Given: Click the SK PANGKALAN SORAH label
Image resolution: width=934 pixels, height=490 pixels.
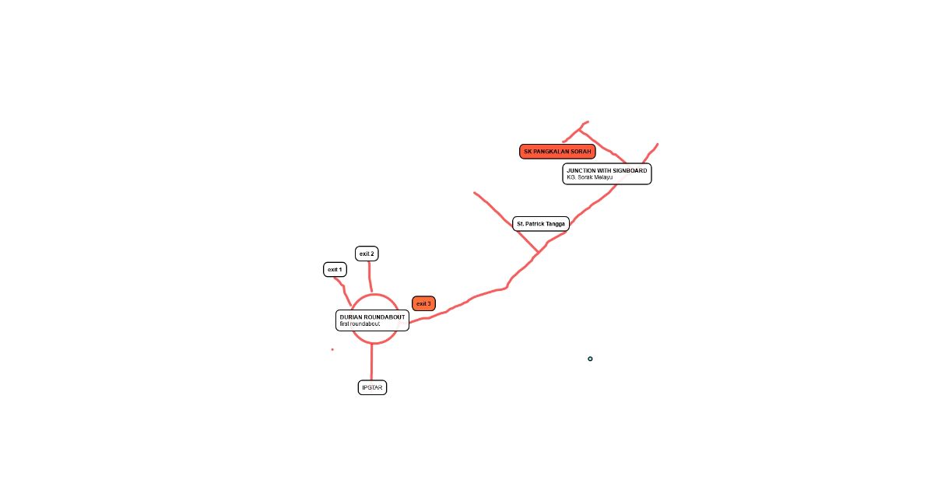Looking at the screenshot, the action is [x=557, y=152].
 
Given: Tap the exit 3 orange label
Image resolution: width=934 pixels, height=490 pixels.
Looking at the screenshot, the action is [x=423, y=303].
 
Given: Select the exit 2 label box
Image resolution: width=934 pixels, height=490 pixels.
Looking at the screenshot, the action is [x=367, y=254].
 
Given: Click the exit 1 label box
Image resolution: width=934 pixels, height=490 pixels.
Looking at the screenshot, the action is [x=335, y=270].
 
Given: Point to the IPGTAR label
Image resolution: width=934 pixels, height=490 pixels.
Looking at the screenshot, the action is [x=372, y=387].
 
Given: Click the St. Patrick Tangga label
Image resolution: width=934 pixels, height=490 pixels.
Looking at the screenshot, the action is [x=541, y=224].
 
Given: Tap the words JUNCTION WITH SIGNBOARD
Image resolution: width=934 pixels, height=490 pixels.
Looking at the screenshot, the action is [x=606, y=170].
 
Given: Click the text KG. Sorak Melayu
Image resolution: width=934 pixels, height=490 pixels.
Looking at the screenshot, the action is [x=590, y=177].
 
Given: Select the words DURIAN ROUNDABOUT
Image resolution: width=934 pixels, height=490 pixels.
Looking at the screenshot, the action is [x=372, y=317].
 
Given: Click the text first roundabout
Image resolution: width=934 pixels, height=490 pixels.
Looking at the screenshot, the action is [x=360, y=324].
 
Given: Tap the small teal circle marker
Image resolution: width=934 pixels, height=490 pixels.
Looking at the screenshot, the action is [x=590, y=359].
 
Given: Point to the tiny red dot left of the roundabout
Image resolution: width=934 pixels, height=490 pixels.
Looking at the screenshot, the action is [x=332, y=349].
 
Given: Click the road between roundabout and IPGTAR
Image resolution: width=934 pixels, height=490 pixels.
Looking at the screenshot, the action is [x=371, y=362].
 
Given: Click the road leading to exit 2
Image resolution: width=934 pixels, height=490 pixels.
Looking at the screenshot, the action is [x=370, y=277].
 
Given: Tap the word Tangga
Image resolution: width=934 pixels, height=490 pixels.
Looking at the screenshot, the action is [x=555, y=224].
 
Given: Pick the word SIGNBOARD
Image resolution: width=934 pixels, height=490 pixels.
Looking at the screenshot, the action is [x=629, y=170].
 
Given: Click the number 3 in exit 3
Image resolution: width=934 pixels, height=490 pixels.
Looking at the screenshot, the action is [x=429, y=303].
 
